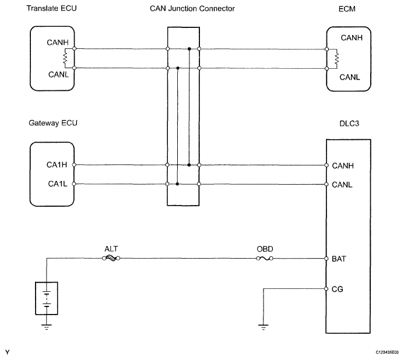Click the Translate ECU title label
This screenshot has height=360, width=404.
click(51, 8)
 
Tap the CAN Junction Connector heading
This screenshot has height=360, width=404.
click(192, 9)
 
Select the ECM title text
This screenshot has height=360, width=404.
click(347, 9)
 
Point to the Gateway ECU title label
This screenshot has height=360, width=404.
click(53, 123)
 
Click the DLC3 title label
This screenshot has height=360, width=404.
click(349, 123)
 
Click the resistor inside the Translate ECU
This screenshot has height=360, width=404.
click(65, 58)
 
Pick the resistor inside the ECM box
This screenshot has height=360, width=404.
click(336, 59)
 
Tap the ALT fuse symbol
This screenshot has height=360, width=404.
click(111, 258)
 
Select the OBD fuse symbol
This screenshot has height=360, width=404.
click(265, 258)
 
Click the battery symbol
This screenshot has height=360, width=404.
click(47, 298)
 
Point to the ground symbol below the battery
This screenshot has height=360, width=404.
click(47, 327)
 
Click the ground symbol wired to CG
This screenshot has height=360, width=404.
click(263, 327)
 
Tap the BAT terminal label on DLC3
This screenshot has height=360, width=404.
click(339, 259)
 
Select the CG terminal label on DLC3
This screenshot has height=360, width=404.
click(338, 289)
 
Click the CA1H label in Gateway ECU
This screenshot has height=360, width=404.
click(57, 164)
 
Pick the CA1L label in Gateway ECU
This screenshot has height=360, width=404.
click(58, 183)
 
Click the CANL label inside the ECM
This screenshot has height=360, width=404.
click(350, 77)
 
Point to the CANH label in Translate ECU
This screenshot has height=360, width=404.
click(58, 42)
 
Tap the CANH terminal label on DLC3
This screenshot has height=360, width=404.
click(343, 165)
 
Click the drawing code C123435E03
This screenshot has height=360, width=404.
click(387, 352)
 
